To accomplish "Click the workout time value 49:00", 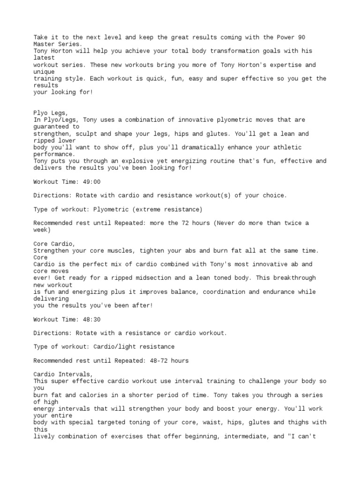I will [x=91, y=182].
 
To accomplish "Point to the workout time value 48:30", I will [x=91, y=320].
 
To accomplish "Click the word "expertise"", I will [x=281, y=65].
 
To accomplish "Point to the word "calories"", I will [x=93, y=395].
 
